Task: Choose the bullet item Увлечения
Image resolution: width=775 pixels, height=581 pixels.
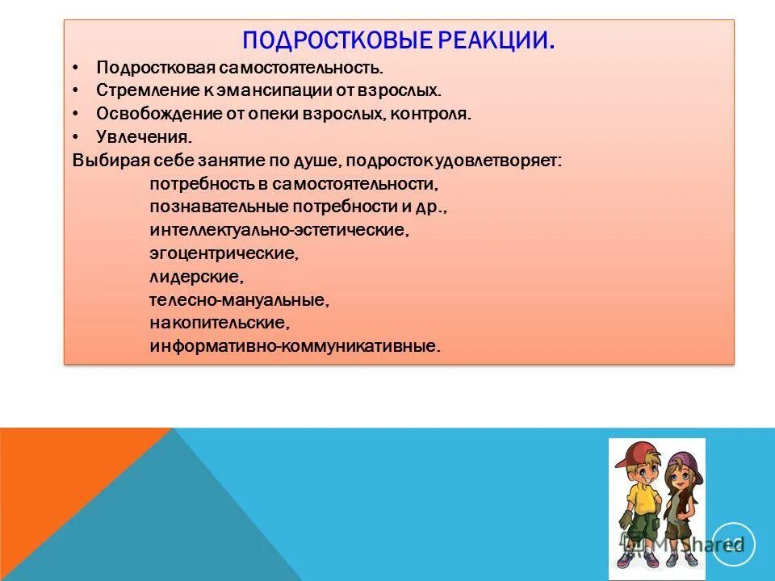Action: tap(144, 136)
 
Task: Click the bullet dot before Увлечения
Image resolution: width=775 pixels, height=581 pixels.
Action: tap(76, 136)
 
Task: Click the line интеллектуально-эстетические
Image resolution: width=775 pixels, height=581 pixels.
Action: tap(279, 230)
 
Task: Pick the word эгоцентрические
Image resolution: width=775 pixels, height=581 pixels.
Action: tap(224, 253)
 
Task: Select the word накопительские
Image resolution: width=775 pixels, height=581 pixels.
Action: tap(219, 323)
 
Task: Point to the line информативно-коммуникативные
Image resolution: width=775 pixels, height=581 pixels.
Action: tap(295, 346)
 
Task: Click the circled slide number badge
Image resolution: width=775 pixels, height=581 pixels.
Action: tap(733, 545)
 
